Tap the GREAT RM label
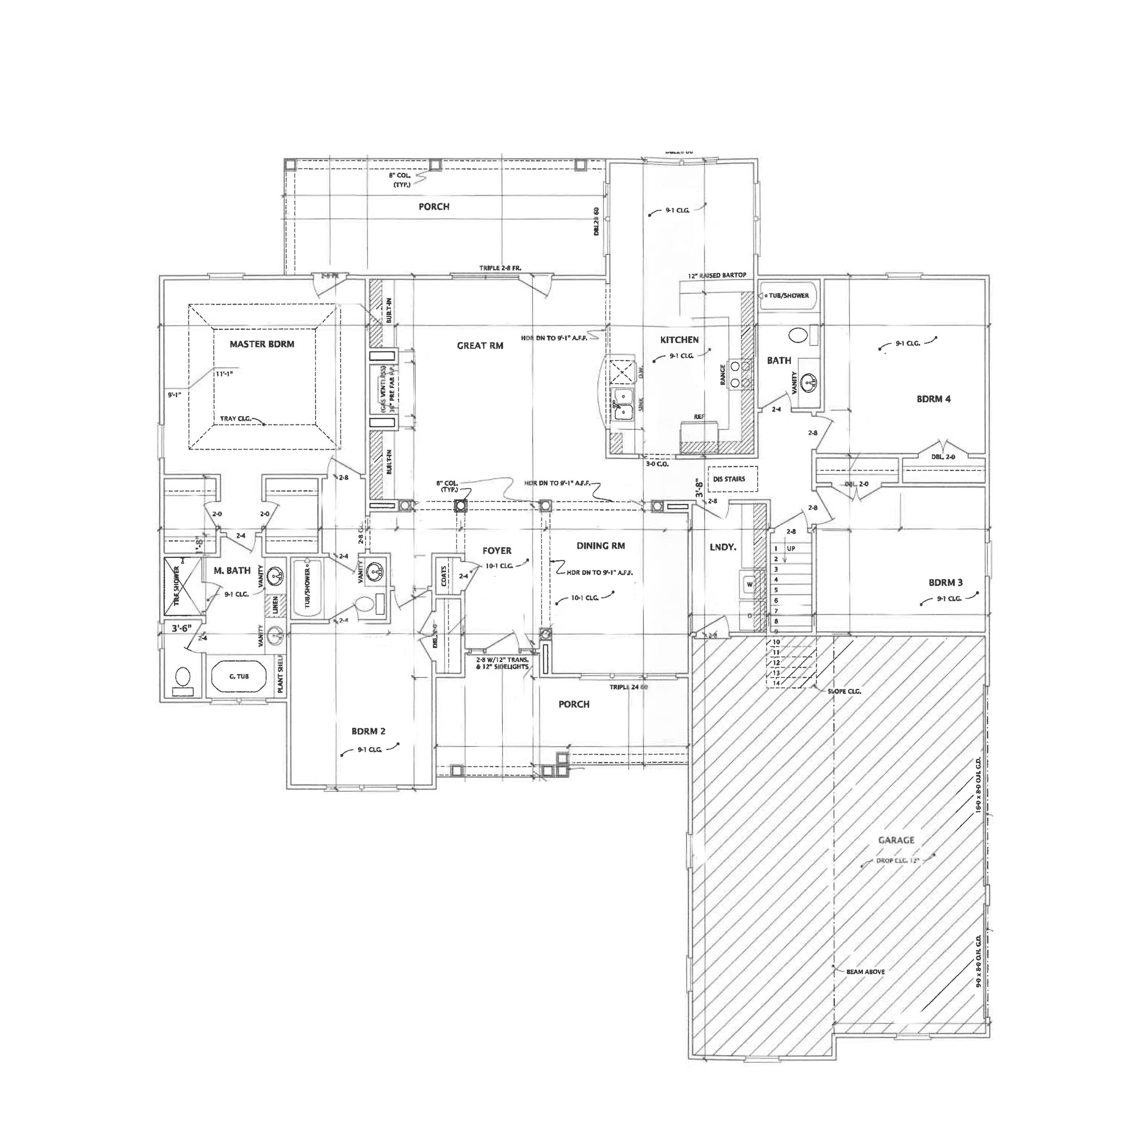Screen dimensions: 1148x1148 click(x=480, y=345)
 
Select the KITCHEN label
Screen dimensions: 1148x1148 click(x=679, y=340)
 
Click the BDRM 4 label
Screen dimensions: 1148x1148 click(x=933, y=399)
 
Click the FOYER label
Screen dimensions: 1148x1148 click(x=497, y=551)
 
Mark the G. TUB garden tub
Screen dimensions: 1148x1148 click(x=239, y=676)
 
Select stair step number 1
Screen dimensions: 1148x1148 click(x=776, y=548)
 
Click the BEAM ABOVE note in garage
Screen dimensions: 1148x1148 click(x=865, y=972)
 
